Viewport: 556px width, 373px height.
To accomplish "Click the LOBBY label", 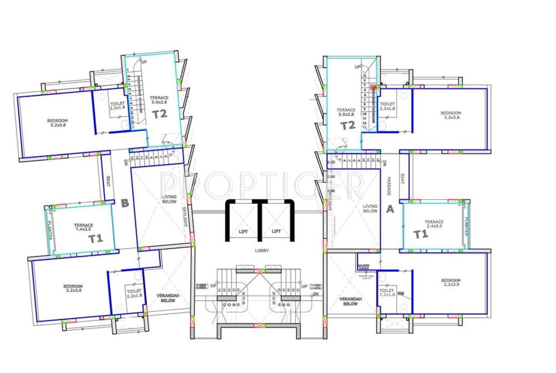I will click(261, 251).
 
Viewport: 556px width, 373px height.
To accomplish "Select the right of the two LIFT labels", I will click(276, 231).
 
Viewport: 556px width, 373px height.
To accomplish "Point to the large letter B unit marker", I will click(125, 203).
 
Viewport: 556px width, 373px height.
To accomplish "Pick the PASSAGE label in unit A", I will click(389, 186).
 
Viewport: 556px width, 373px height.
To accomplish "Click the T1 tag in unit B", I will click(96, 238).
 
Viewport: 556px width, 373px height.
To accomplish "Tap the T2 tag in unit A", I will click(347, 125).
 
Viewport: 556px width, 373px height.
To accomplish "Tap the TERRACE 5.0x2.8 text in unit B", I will click(159, 100).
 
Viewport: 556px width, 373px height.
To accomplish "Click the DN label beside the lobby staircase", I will click(316, 294).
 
